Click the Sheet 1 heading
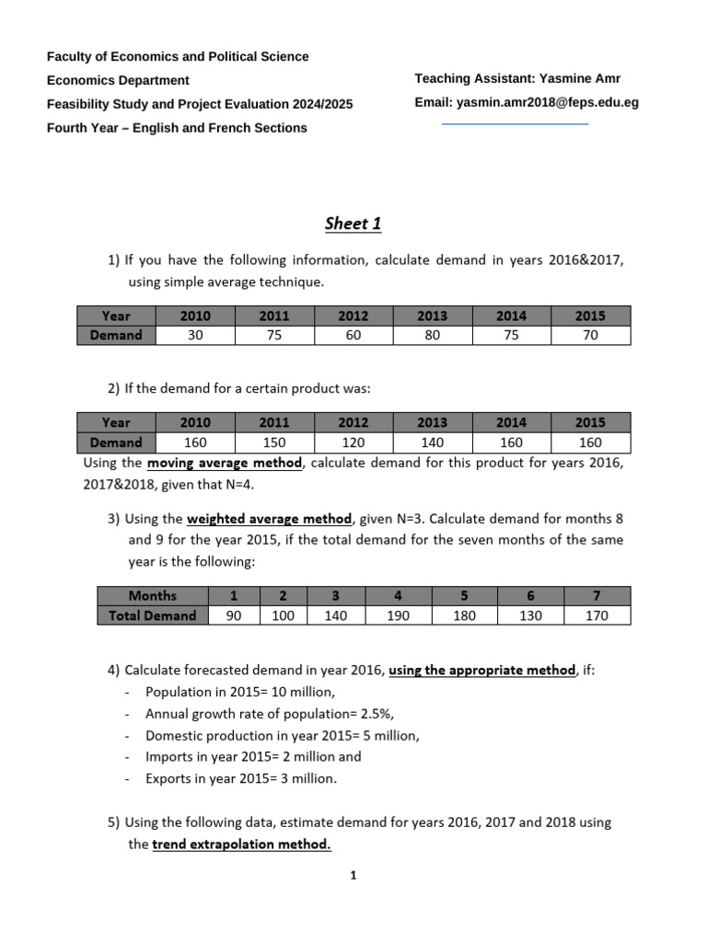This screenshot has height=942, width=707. (x=353, y=224)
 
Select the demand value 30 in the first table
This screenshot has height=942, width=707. (x=195, y=336)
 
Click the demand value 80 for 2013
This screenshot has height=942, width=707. (x=432, y=336)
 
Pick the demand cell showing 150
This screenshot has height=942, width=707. (x=274, y=442)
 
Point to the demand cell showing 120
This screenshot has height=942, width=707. (x=353, y=442)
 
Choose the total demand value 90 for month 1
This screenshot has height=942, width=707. (x=234, y=615)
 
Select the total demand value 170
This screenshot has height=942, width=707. (x=597, y=615)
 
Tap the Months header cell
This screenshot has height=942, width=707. (x=153, y=595)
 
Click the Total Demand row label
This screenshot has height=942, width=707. (x=153, y=615)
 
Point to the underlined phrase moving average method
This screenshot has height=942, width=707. (x=225, y=463)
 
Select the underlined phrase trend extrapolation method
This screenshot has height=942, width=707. (x=241, y=844)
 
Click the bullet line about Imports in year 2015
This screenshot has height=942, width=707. (x=253, y=756)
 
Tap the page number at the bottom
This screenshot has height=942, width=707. (x=353, y=876)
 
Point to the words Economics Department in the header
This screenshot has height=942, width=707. (x=118, y=80)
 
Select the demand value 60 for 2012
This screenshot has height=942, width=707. (x=353, y=336)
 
